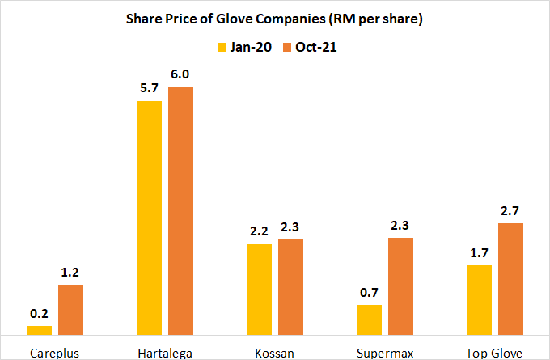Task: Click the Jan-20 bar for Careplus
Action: coord(39,330)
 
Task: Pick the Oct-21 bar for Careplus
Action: coord(70,309)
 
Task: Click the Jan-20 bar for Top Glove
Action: coord(480,299)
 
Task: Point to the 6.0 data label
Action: coord(180,74)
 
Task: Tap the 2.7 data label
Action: coord(510,211)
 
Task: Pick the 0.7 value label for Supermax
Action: coord(370,293)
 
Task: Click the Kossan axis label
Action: coord(275,353)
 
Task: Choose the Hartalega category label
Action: coord(165,353)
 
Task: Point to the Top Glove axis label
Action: coord(495,353)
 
